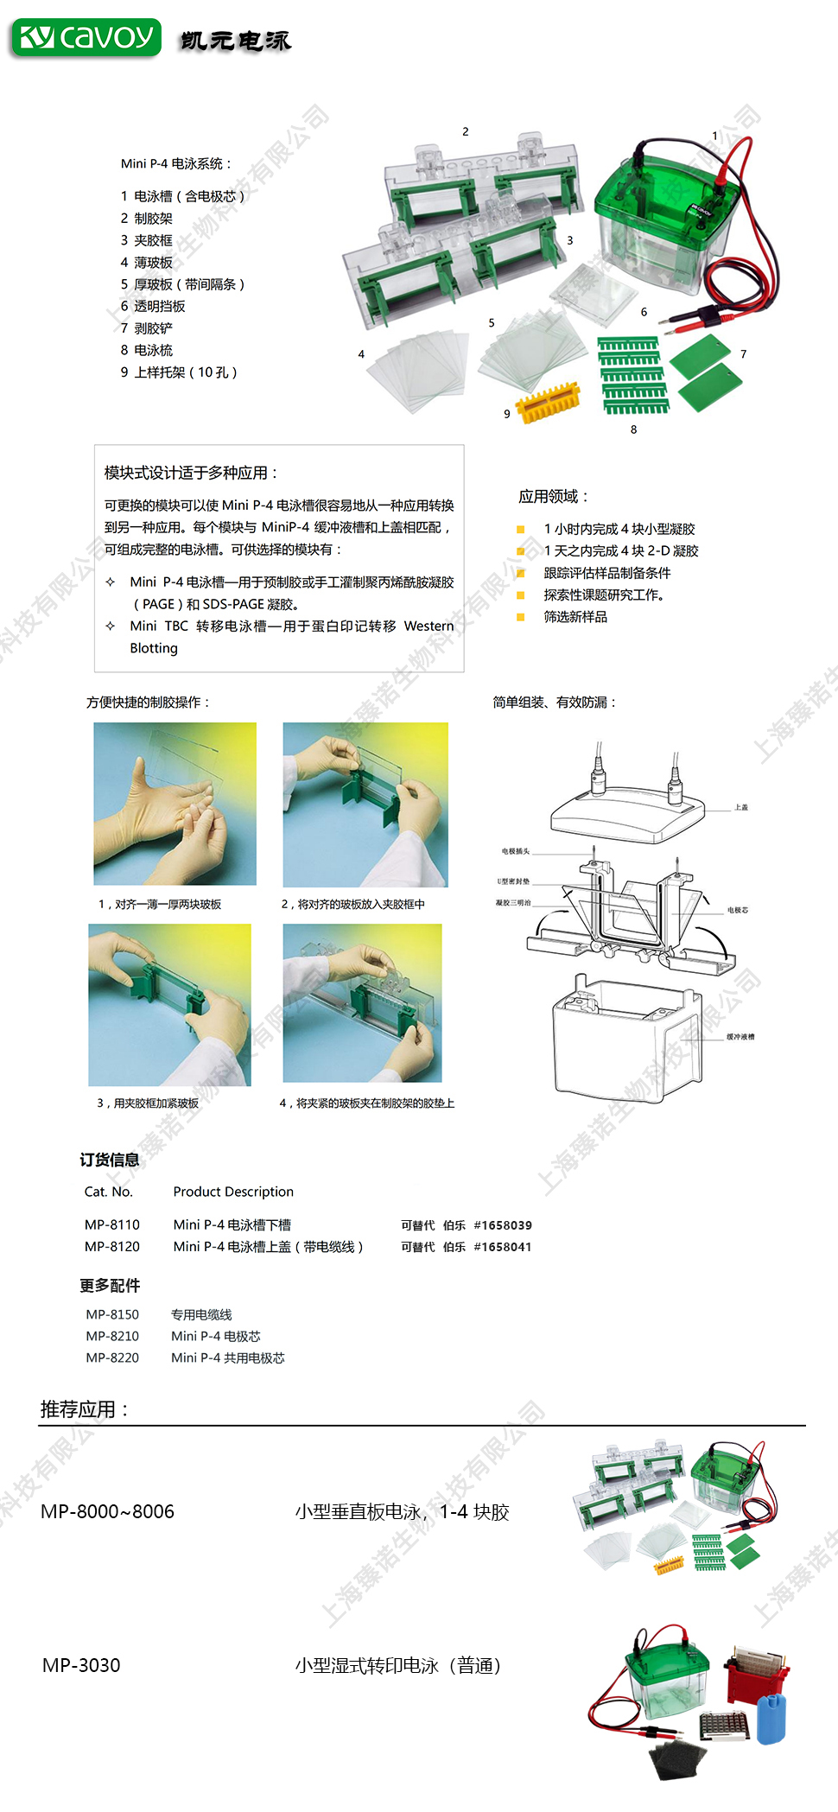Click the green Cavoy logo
point(86,38)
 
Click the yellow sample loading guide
point(548,402)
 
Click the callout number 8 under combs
point(633,429)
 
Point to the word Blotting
point(154,648)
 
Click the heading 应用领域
point(553,497)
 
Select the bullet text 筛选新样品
point(575,617)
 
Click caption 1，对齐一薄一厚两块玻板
point(160,905)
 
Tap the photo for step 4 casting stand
point(362,1003)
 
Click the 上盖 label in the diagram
point(741,808)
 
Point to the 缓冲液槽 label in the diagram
point(740,1037)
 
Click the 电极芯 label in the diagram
point(738,911)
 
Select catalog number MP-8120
point(112,1247)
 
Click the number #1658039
point(503,1225)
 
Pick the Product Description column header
point(233,1192)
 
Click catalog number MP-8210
point(112,1336)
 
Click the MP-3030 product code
point(81,1665)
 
